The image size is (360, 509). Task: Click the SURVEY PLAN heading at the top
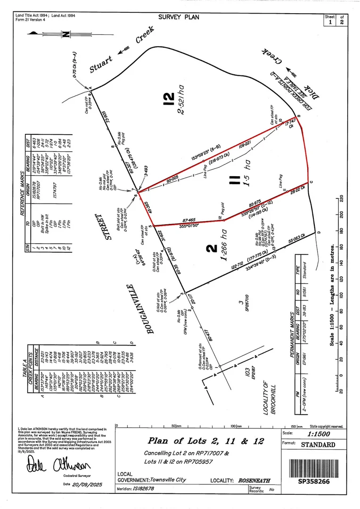point(179,17)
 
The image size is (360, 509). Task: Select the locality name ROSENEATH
point(254,480)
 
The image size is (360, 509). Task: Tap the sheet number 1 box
point(330,22)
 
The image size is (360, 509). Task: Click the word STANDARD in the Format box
point(319,444)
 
